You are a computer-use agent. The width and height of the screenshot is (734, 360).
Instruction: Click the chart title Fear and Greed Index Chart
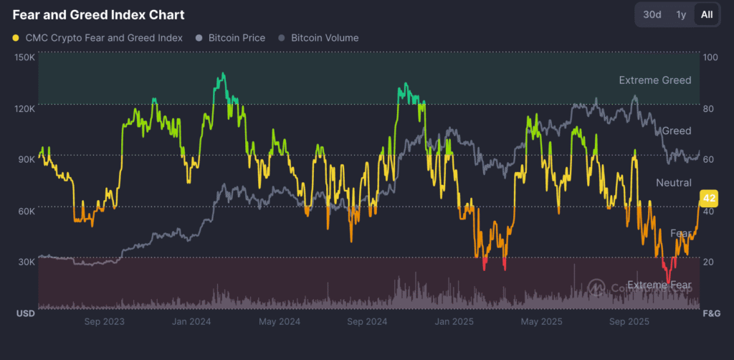tap(98, 15)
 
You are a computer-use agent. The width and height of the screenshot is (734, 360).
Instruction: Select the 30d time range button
tap(652, 14)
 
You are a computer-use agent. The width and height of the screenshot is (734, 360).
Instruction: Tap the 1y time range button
tap(681, 14)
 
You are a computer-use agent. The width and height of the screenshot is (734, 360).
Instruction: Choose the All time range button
tap(707, 14)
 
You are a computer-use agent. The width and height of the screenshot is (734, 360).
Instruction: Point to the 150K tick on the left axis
tap(25, 57)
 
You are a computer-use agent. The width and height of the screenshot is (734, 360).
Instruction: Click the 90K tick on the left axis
tap(26, 158)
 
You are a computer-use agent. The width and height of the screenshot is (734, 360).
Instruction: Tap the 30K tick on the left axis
tap(26, 262)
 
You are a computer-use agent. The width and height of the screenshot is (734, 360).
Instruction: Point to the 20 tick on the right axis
tap(709, 262)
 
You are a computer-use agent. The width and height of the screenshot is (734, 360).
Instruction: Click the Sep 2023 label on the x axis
tap(104, 321)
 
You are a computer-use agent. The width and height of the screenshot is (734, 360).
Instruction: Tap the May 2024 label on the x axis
tap(279, 321)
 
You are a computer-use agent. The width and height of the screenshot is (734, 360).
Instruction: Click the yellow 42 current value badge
tap(710, 198)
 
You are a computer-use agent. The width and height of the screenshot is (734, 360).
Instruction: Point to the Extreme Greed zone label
tap(655, 80)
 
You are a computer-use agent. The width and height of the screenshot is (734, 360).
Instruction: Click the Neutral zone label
tap(674, 183)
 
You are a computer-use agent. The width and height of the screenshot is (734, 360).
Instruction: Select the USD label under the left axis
tap(25, 314)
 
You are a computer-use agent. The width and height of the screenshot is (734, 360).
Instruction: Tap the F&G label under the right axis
tap(711, 314)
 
